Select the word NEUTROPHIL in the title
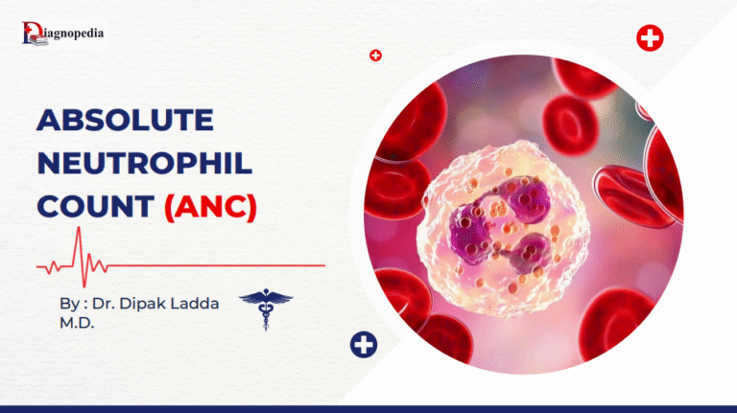145,163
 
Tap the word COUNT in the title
93,205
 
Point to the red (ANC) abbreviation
210,206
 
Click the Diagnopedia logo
62,34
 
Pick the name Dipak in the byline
148,303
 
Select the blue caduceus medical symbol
266,309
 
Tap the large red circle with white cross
650,38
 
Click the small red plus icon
375,56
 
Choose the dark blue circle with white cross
364,345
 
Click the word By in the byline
68,303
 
